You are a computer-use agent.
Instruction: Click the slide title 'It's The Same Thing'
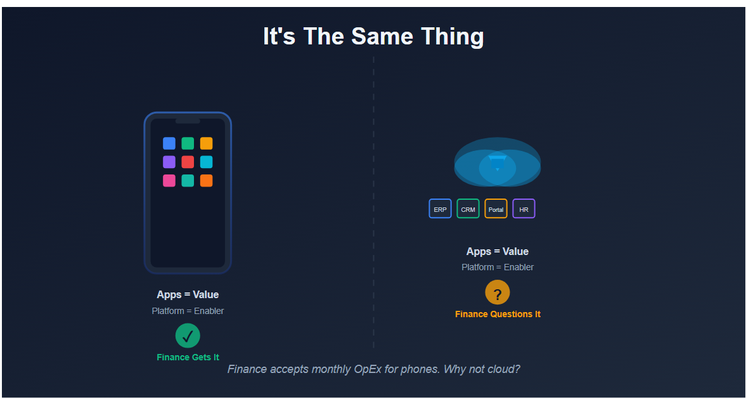[373, 36]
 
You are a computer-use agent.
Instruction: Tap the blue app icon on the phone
[169, 143]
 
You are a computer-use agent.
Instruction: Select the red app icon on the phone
[188, 162]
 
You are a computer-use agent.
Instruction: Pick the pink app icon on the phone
[169, 181]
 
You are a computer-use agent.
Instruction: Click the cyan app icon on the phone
[206, 162]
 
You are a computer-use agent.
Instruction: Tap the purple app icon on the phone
[169, 162]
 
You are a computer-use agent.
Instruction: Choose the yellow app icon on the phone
[206, 143]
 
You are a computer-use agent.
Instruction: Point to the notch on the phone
[188, 121]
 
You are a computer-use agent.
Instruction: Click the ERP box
[440, 209]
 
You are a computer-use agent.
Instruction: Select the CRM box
[468, 209]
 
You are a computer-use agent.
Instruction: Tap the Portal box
[496, 209]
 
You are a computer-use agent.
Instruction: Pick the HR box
[524, 209]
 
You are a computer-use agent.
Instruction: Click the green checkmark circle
[188, 336]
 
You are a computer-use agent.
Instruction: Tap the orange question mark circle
[498, 292]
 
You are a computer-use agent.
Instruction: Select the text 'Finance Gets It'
[188, 357]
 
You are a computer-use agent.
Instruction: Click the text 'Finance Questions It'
[498, 314]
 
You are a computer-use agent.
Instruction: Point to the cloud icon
[498, 162]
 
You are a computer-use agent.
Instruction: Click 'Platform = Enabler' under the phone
[188, 311]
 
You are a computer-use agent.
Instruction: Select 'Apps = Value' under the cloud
[498, 251]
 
